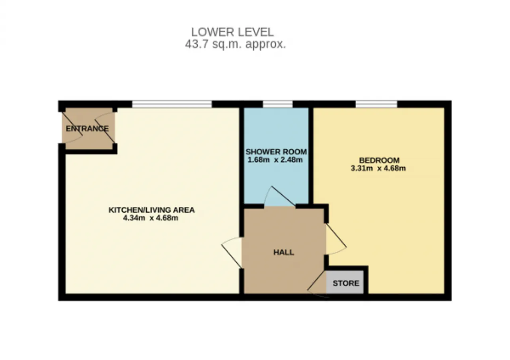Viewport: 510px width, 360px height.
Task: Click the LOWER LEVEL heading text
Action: (x=232, y=32)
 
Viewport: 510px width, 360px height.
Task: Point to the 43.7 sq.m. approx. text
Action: (x=235, y=44)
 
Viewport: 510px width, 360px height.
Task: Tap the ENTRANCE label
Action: (x=87, y=129)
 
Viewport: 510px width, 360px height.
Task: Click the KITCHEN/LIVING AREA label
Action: (x=152, y=210)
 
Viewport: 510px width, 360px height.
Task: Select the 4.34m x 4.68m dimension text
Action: (x=151, y=218)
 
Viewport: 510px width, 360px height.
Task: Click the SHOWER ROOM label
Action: (x=276, y=152)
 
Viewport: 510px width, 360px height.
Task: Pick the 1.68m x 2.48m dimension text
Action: (x=275, y=160)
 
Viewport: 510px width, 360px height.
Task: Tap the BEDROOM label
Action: (x=379, y=160)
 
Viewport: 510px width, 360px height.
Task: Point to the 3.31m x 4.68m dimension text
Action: (x=378, y=168)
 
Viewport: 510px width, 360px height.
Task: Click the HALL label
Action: (x=284, y=252)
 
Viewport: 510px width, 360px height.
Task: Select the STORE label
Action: (x=346, y=283)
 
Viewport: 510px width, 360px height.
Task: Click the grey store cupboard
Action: (x=345, y=282)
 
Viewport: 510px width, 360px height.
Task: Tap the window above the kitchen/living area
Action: (x=172, y=104)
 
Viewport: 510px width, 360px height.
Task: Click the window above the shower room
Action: (x=278, y=104)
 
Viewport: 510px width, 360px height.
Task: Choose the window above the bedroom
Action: (x=377, y=104)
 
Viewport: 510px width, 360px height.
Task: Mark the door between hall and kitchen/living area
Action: (x=231, y=252)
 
